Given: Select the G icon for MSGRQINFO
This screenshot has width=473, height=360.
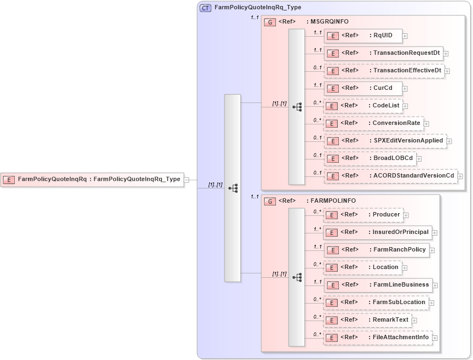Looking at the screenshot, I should tap(270, 22).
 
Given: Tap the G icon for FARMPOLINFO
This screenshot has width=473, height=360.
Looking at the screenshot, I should tap(270, 201).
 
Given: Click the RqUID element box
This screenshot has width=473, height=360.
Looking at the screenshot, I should tap(363, 36).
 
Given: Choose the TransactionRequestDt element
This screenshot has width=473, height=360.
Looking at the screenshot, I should tap(383, 53).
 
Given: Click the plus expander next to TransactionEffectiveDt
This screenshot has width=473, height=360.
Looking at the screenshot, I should tap(448, 71).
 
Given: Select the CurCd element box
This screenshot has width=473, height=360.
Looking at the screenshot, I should tap(363, 88).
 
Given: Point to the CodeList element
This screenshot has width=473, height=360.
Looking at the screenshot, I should tap(364, 106).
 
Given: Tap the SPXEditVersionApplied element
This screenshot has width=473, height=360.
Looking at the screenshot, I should tap(385, 141).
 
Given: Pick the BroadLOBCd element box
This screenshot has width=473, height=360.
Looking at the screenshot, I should tap(370, 158).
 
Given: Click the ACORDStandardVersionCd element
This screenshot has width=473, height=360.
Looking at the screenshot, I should tap(390, 176).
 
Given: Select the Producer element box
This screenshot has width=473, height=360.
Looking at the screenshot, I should tap(364, 215).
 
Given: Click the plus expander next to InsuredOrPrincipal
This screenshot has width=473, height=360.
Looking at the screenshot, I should tap(435, 233).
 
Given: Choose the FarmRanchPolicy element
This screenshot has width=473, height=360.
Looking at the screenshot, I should tap(377, 250).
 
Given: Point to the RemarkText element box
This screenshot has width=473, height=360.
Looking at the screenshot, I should tap(367, 320).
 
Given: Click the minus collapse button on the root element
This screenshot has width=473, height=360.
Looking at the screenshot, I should tap(187, 179).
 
